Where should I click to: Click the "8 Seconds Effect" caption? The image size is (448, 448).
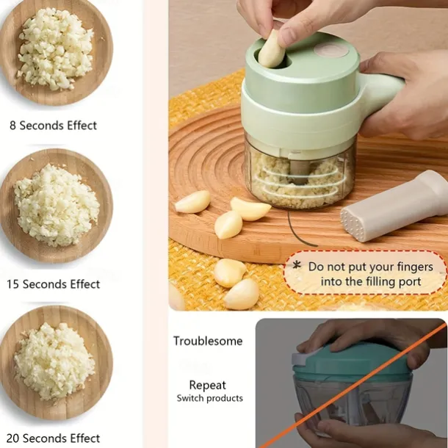point(53,126)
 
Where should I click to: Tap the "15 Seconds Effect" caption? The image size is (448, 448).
point(53,284)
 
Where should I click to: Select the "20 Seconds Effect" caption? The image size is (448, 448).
point(53,438)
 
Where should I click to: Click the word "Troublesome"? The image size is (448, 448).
point(208,341)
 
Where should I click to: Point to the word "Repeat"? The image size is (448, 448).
point(208,386)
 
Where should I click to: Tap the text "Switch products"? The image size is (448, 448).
point(210,398)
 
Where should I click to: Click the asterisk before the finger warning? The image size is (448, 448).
point(297,265)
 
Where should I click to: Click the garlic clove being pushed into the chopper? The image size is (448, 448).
point(271,50)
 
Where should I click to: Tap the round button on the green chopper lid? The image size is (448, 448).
point(331,51)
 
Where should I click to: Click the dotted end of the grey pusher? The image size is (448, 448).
point(353,224)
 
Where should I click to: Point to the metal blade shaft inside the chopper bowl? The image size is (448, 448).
point(297,171)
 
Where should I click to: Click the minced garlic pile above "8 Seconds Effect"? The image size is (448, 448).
point(55,48)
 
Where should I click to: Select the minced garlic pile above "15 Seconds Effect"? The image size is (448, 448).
point(57,205)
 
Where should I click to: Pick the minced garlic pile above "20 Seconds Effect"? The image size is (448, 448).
point(54,361)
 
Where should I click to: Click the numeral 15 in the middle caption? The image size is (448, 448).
point(13,284)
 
